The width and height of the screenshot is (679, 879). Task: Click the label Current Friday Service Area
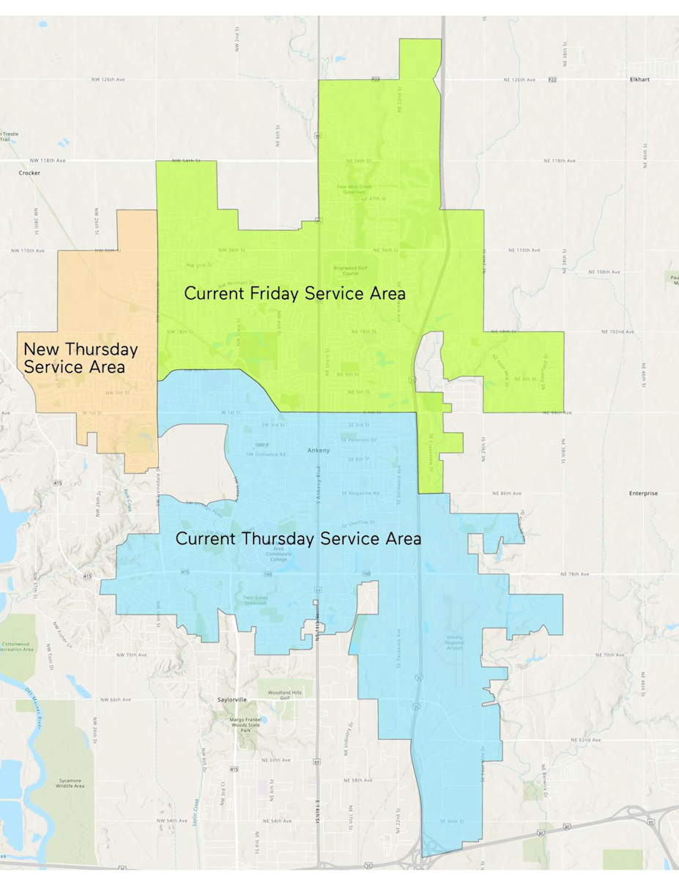[x=294, y=294]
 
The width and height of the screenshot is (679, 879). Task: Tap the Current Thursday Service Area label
[x=298, y=539]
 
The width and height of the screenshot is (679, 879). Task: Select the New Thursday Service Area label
[x=81, y=357]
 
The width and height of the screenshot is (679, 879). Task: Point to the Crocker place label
[x=29, y=173]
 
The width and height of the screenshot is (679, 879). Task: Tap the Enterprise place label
[x=643, y=494]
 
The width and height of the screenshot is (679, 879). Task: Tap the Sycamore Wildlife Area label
[x=72, y=783]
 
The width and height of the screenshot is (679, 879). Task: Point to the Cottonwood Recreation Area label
[x=18, y=646]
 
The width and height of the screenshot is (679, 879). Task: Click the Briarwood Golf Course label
[x=344, y=271]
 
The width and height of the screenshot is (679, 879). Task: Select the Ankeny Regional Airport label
[x=455, y=642]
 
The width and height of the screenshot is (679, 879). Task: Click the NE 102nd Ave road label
[x=619, y=332]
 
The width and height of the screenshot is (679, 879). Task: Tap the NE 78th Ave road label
[x=574, y=574]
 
